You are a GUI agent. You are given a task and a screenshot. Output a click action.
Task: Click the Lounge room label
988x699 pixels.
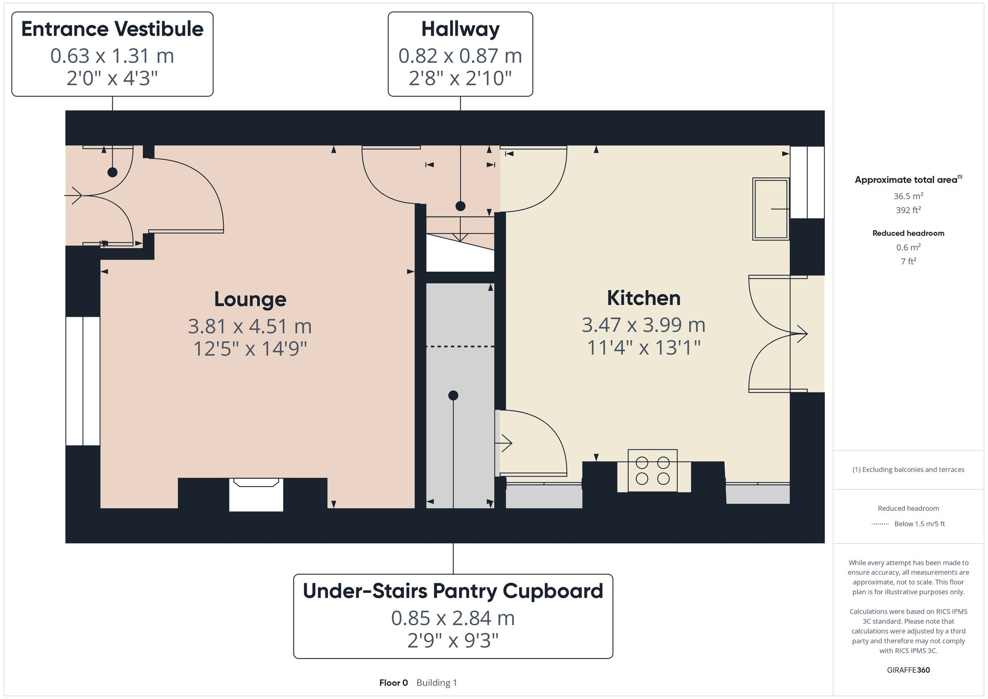pos(250,299)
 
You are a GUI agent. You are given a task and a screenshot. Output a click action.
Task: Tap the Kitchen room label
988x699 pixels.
pos(643,298)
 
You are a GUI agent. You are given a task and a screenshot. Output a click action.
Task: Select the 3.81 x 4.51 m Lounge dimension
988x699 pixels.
pos(250,326)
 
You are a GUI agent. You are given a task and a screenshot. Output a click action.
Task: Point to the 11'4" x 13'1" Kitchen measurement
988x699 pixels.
pos(643,348)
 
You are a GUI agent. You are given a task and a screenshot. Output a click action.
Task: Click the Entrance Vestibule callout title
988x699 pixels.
pos(112,29)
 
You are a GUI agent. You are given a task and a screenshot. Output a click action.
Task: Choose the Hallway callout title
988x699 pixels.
pos(460,29)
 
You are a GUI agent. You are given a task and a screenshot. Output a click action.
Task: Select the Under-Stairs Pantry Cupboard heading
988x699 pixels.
pos(453,591)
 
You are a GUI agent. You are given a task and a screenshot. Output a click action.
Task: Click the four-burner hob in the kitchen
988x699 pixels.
pos(652,470)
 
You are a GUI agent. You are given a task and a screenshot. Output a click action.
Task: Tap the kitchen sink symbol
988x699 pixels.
pos(770,209)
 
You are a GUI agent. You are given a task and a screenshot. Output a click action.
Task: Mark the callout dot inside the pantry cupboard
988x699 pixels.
pos(453,395)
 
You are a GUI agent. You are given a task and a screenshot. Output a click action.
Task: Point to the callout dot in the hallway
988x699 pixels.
pos(460,206)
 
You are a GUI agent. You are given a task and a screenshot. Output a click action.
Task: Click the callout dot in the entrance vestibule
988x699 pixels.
pos(113,172)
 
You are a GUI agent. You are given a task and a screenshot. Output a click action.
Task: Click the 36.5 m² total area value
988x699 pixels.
pos(908,196)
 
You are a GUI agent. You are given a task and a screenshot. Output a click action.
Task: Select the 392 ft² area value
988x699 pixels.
pos(908,210)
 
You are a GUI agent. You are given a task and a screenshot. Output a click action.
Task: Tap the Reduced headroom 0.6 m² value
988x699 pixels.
pos(908,247)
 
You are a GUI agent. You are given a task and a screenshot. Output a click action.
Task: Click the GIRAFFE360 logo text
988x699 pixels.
pos(908,670)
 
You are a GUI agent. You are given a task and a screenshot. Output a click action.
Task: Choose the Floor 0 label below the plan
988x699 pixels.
pos(393,683)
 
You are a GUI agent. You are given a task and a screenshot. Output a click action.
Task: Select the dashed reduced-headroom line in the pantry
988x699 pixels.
pos(460,347)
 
